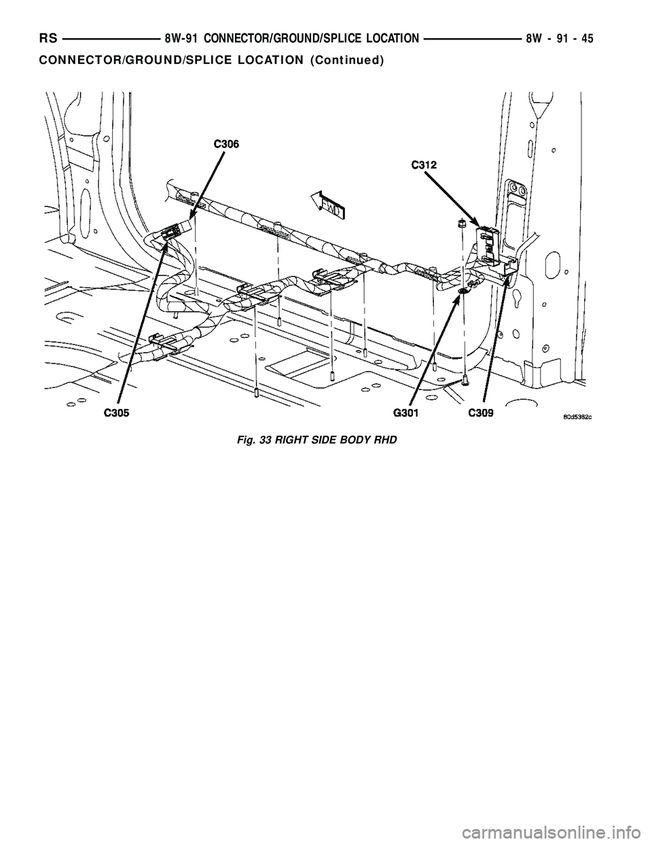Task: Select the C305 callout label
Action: click(x=117, y=412)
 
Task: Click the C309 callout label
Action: click(x=480, y=412)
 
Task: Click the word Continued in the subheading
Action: click(x=346, y=60)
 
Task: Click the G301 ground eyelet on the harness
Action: click(x=462, y=291)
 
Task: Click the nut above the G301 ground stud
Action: click(x=461, y=222)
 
